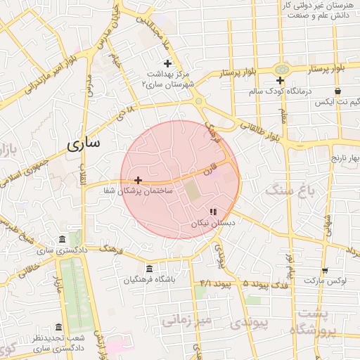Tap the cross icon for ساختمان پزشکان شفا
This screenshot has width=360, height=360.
pyautogui.click(x=138, y=181)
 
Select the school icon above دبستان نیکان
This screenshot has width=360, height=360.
pyautogui.click(x=213, y=212)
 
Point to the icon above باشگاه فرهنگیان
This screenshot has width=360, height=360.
pyautogui.click(x=149, y=269)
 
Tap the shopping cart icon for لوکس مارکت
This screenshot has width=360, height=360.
pyautogui.click(x=325, y=270)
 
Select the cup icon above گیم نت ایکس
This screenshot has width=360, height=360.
pyautogui.click(x=338, y=91)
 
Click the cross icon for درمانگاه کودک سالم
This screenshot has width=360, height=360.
pyautogui.click(x=280, y=80)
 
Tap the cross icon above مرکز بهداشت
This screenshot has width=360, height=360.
pyautogui.click(x=167, y=63)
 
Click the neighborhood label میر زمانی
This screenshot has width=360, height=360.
pyautogui.click(x=186, y=321)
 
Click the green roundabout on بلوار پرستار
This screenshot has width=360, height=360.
pyautogui.click(x=282, y=69)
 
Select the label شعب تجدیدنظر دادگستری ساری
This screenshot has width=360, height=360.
pyautogui.click(x=59, y=343)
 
